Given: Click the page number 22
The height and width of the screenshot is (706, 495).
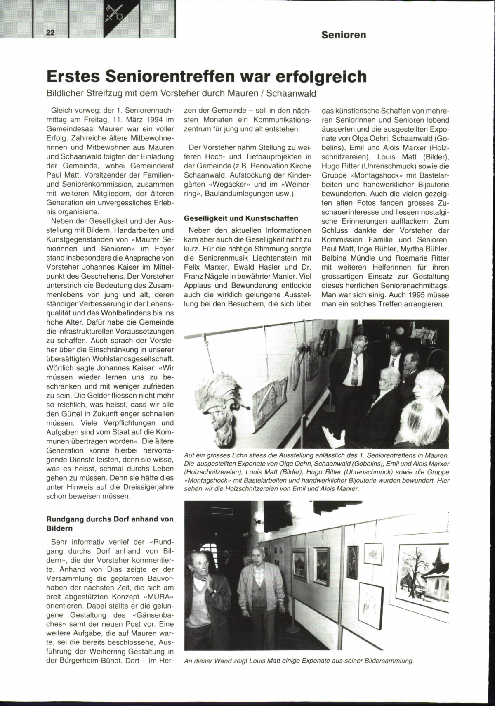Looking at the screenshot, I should [50, 33].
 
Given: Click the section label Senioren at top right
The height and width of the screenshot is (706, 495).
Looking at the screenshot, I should [344, 35].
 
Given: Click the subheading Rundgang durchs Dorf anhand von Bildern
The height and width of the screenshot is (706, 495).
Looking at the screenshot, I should [110, 524].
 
